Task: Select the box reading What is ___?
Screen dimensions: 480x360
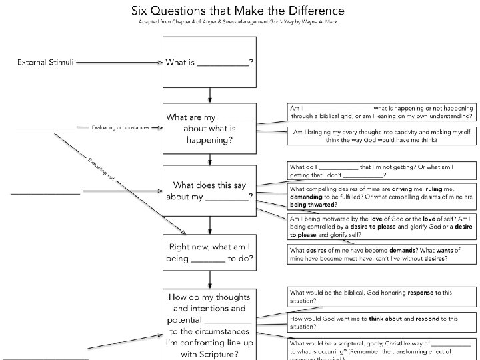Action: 209,63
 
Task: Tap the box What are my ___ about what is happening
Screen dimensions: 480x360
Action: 209,129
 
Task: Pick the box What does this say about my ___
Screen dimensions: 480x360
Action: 209,191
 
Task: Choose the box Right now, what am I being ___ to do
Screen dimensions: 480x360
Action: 209,252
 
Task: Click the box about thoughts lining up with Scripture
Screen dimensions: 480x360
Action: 209,325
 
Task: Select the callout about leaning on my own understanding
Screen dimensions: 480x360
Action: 381,112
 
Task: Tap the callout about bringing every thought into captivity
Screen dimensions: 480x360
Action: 381,136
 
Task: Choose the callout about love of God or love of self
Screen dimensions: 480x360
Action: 381,227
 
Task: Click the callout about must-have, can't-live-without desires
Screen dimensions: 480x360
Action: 381,255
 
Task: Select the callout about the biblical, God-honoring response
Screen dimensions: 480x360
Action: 381,296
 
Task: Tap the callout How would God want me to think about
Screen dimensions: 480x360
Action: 381,323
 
